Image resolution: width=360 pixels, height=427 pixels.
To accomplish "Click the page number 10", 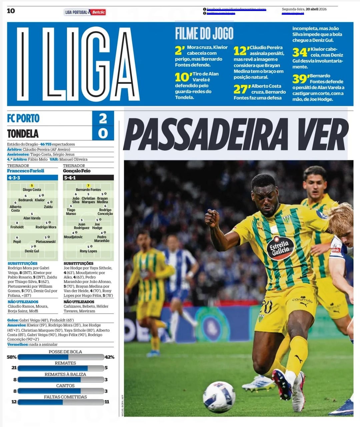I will [11, 11].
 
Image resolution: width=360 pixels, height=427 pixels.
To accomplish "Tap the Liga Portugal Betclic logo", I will [85, 12].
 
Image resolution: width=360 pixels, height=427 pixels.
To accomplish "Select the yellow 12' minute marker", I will [241, 51].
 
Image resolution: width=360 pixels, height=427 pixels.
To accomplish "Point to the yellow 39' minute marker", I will [300, 79].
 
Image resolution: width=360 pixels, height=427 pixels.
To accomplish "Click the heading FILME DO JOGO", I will [204, 33].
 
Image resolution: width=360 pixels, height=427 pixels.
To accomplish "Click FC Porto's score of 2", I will [103, 118].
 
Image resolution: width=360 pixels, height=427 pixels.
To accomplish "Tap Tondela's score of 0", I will [103, 133].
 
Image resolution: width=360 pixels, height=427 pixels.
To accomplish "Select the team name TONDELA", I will [23, 134].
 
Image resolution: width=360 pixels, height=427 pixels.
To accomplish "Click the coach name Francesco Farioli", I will [26, 171].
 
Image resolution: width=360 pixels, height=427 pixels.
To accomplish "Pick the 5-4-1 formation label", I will [70, 178].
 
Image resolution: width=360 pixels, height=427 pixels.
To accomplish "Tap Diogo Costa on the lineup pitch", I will [32, 190].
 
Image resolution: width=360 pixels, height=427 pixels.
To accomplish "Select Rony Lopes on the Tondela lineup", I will [88, 251].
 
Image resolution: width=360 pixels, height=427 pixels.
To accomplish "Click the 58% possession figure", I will [12, 357].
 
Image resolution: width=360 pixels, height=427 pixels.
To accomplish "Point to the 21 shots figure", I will [14, 368].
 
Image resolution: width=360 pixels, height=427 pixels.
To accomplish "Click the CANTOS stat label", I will [65, 386].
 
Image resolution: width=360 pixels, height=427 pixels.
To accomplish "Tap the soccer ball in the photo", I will [219, 396].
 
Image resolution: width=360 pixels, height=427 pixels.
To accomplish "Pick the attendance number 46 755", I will [46, 144].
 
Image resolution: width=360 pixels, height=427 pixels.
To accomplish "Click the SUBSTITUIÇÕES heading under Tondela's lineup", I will [78, 263].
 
